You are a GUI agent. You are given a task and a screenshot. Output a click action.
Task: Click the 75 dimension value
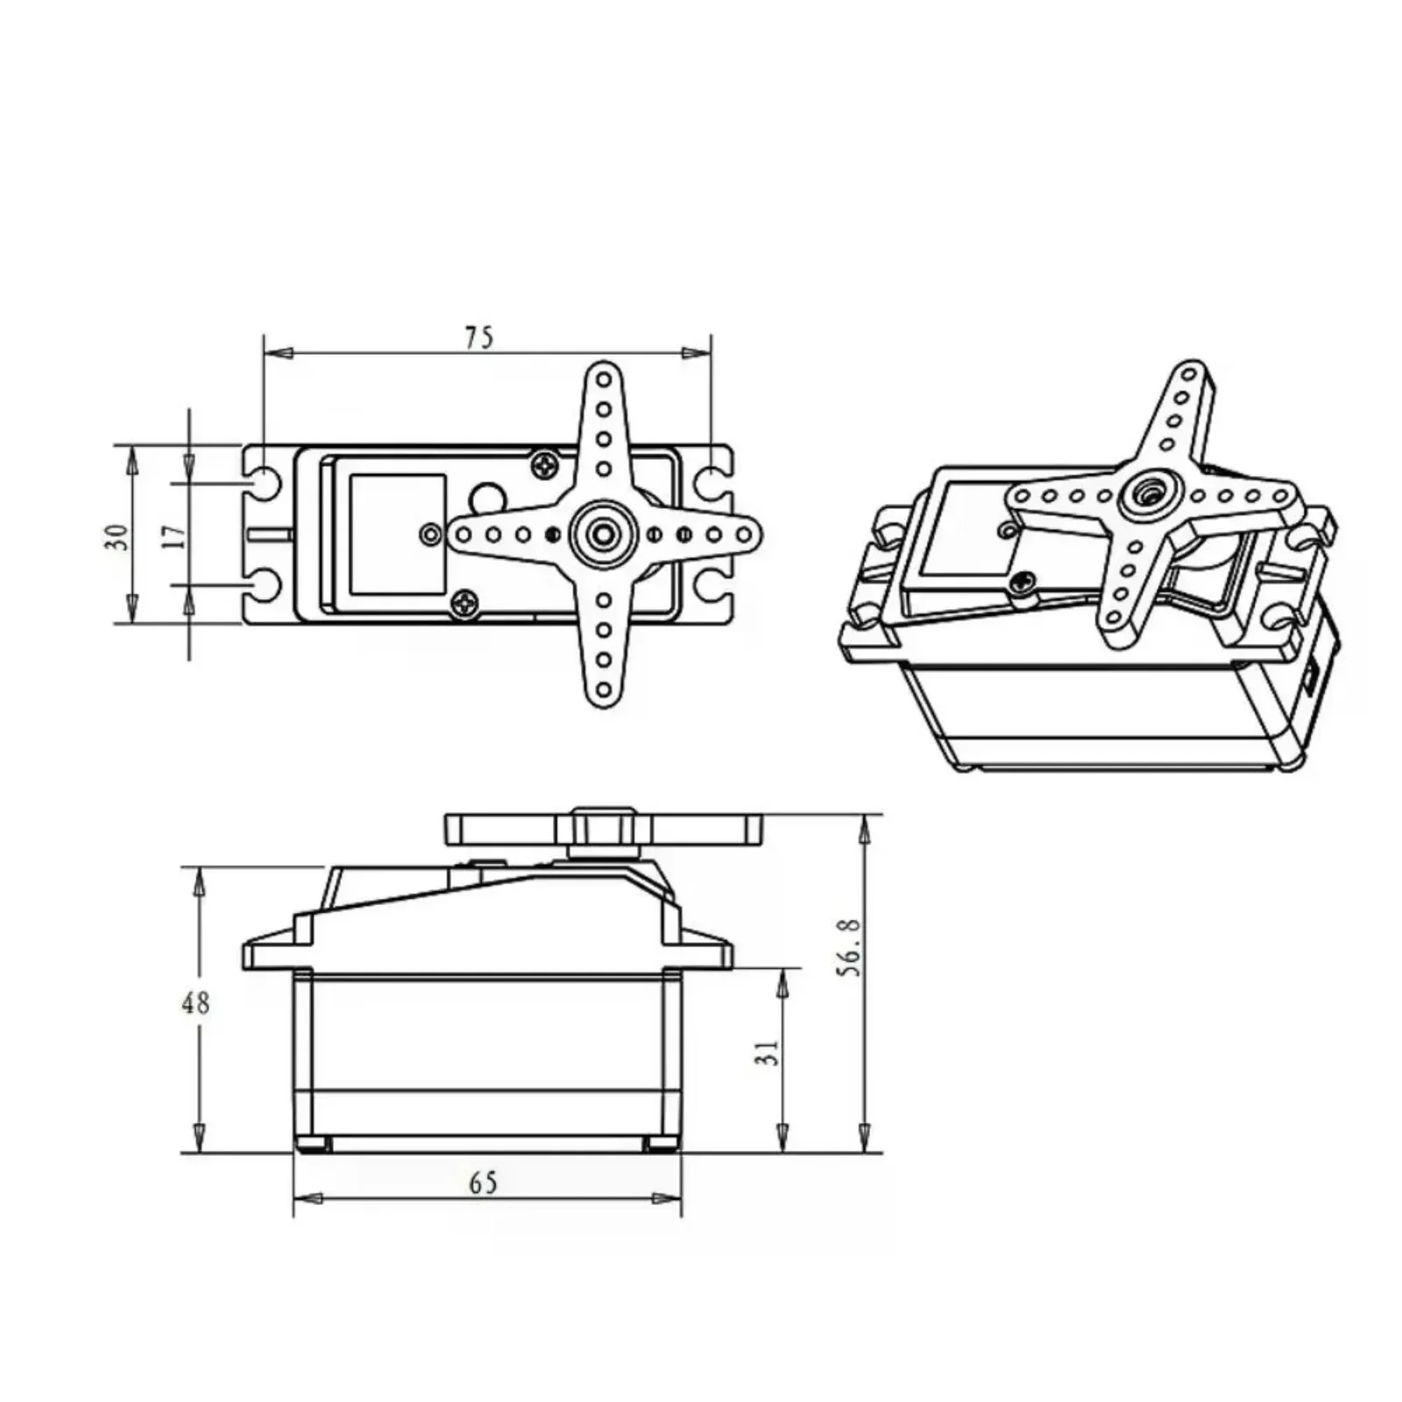tap(479, 337)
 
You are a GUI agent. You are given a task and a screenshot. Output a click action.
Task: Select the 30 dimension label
tap(117, 535)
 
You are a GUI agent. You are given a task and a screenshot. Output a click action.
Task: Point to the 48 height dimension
tap(195, 1002)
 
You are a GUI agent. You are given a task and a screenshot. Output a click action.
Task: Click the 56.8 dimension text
tap(849, 947)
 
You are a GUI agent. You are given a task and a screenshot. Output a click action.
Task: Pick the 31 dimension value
tap(768, 1052)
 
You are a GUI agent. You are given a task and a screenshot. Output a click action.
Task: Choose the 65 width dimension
tap(483, 1183)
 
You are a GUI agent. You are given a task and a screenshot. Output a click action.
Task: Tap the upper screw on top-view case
tap(545, 464)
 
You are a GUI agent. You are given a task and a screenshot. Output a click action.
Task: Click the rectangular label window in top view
tap(397, 535)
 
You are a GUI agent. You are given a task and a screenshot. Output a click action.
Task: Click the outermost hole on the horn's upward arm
tap(604, 380)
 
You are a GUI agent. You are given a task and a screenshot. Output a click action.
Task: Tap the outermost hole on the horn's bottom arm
tap(604, 689)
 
